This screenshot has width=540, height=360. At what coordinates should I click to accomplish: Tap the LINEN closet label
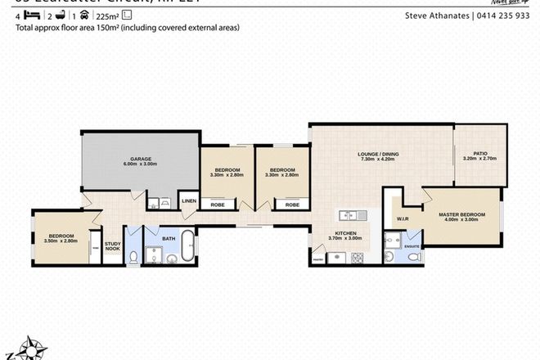[x=189, y=200]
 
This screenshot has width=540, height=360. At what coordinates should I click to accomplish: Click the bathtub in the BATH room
[x=188, y=247]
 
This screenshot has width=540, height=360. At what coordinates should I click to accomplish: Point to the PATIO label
[x=479, y=154]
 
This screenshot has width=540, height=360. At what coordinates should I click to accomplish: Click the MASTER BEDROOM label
[x=461, y=216]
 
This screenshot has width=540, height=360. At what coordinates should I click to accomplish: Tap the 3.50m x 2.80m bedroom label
[x=58, y=238]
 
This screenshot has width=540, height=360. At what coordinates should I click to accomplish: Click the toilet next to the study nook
[x=133, y=257]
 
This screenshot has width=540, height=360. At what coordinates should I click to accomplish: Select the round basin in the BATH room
[x=171, y=259]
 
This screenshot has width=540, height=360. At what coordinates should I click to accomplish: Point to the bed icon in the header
[x=30, y=13]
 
